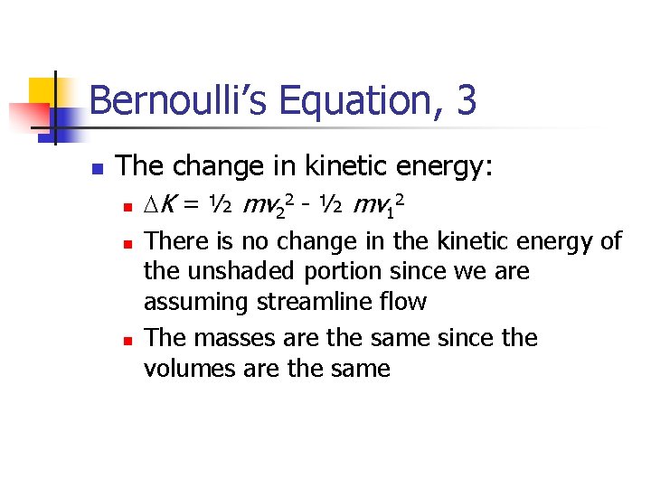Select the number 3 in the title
coord(467,100)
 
